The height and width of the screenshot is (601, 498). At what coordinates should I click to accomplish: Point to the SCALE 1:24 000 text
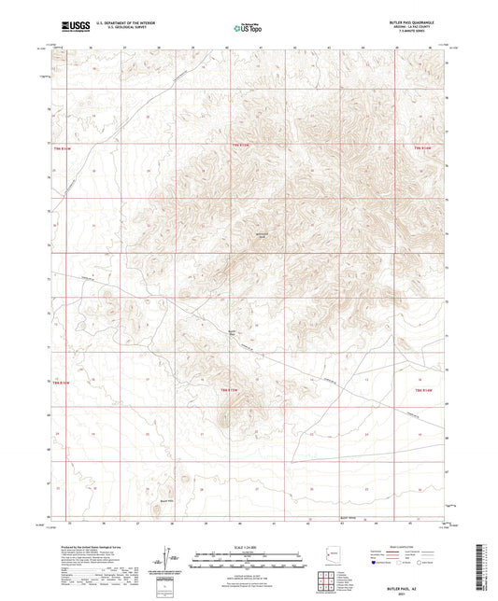249,548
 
